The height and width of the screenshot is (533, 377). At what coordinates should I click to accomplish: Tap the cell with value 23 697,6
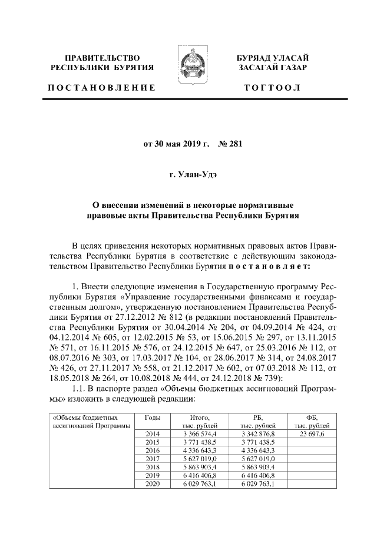pyautogui.click(x=312, y=433)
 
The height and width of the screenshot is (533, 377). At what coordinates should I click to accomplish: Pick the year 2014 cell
pyautogui.click(x=153, y=433)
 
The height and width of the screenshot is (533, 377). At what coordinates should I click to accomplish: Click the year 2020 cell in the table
pyautogui.click(x=153, y=484)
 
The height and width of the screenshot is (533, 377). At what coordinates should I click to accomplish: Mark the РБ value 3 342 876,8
pyautogui.click(x=257, y=433)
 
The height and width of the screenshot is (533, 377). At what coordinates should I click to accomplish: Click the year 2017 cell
pyautogui.click(x=153, y=458)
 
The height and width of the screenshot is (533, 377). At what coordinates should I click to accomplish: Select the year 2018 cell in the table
pyautogui.click(x=153, y=467)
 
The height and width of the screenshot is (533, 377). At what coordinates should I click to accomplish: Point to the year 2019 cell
pyautogui.click(x=153, y=475)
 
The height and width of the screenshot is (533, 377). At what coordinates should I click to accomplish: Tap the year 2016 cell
pyautogui.click(x=153, y=450)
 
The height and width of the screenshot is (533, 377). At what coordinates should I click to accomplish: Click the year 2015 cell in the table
pyautogui.click(x=153, y=441)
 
